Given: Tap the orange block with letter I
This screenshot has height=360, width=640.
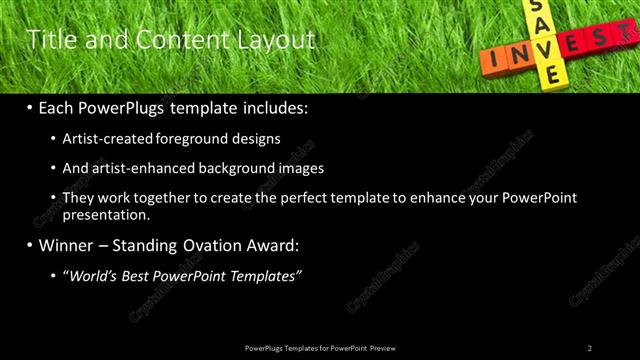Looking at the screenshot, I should [494, 58].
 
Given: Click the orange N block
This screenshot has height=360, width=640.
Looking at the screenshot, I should [521, 54].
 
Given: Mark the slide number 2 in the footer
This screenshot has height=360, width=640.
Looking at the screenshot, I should [590, 348].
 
